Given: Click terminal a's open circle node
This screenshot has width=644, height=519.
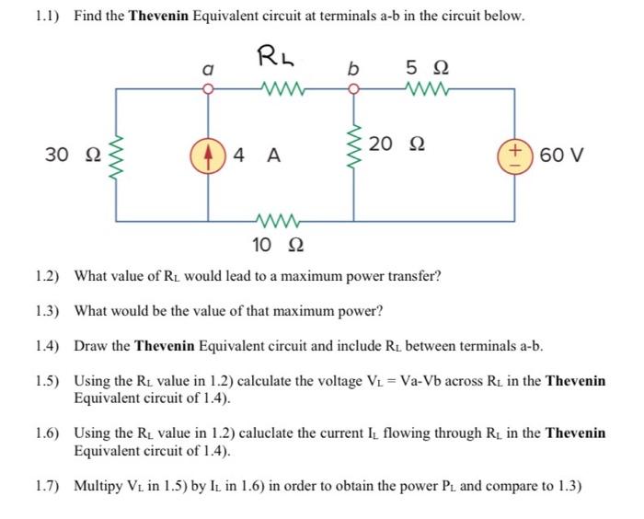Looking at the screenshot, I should click(209, 89).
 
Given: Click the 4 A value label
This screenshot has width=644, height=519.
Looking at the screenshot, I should click(256, 155).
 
